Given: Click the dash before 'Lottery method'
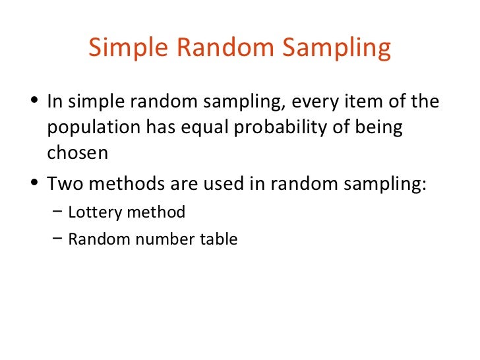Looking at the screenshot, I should pos(57,212).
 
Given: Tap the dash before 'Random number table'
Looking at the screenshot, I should pos(57,239).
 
